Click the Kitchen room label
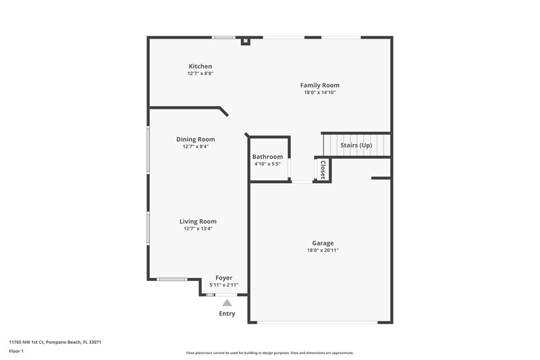(x=200, y=66)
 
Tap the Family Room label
(x=319, y=85)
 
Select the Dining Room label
(x=196, y=139)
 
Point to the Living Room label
(x=198, y=222)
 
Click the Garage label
(x=322, y=243)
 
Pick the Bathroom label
(x=267, y=157)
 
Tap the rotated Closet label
(x=323, y=169)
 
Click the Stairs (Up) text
(x=356, y=145)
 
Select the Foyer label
(x=223, y=278)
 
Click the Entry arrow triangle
(x=227, y=303)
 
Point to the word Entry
(x=227, y=314)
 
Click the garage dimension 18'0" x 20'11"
(x=322, y=251)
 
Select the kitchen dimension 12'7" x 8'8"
(x=200, y=74)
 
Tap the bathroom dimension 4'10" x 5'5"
(x=267, y=164)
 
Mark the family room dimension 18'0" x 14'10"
(x=319, y=93)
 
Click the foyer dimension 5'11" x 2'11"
(x=223, y=285)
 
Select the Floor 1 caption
(x=16, y=352)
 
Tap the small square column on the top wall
(x=246, y=41)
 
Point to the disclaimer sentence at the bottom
(x=269, y=353)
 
